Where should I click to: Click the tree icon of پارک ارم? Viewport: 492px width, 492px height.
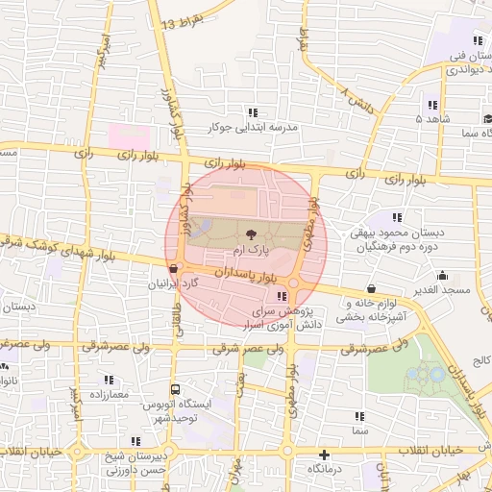[x=251, y=233]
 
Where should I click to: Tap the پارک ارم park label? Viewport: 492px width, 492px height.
[x=250, y=249]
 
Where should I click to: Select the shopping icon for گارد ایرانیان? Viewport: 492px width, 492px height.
[x=173, y=270]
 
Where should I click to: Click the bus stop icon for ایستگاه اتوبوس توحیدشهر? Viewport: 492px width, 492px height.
[x=175, y=389]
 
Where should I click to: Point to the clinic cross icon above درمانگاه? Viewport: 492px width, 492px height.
[x=324, y=455]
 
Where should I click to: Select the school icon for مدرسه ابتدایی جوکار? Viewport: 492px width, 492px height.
[x=253, y=112]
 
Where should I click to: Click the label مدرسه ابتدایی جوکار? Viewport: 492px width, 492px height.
[x=254, y=127]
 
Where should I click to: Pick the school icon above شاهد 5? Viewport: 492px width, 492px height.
[x=432, y=105]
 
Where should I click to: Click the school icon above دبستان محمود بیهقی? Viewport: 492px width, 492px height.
[x=398, y=218]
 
